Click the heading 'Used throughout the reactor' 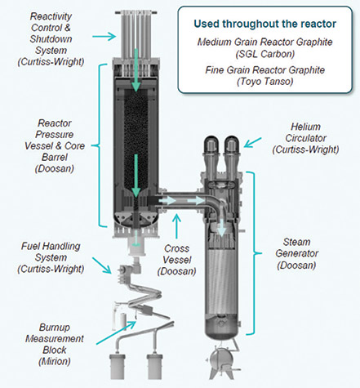coord(264,24)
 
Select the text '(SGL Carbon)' coord(264,54)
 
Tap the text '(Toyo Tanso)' coord(264,82)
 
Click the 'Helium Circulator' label coord(305,138)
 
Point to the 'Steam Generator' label coord(296,253)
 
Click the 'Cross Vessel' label coord(177,260)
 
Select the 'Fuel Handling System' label coord(51,257)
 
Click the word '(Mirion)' coord(55,361)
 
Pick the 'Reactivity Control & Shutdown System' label coord(51,39)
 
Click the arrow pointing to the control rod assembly coord(104,36)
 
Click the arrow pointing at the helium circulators coord(252,143)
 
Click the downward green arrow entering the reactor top coord(136,70)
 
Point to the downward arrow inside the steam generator coord(222,226)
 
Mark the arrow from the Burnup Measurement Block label coord(116,332)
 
